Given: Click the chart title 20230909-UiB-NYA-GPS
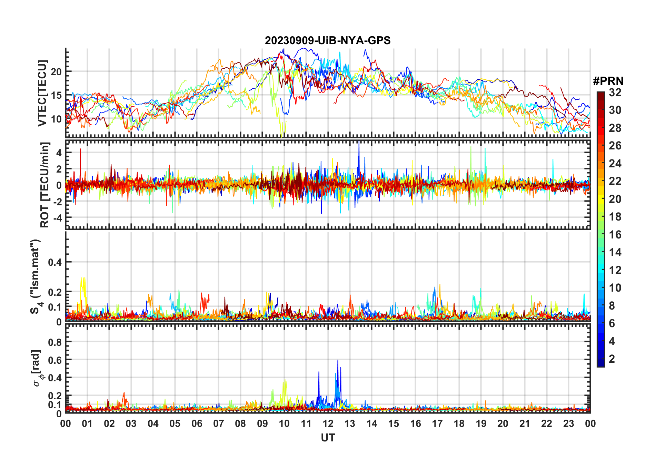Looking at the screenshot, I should tap(328, 40).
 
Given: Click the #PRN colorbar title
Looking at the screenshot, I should tap(608, 81).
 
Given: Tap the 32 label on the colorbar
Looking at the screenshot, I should tap(615, 92).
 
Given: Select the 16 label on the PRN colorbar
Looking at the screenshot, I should tap(615, 235).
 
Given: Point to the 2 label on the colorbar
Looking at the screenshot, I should tap(612, 359).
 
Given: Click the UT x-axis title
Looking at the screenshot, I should tap(328, 438).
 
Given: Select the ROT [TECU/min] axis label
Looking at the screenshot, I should tap(45, 185).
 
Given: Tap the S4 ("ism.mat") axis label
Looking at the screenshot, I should tap(36, 276).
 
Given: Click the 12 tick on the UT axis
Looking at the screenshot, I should tap(328, 423).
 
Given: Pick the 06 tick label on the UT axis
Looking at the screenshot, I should tap(197, 423).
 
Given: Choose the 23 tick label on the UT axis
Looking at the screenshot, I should tap(568, 423).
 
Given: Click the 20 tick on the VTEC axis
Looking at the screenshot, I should tap(56, 72).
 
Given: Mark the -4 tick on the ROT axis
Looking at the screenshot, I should tap(57, 218).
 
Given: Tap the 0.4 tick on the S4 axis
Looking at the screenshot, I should tap(54, 262).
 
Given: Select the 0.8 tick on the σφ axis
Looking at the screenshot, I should tap(54, 342).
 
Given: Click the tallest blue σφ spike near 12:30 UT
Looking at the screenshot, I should tap(338, 361).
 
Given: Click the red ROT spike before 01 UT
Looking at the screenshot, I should tap(80, 149).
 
